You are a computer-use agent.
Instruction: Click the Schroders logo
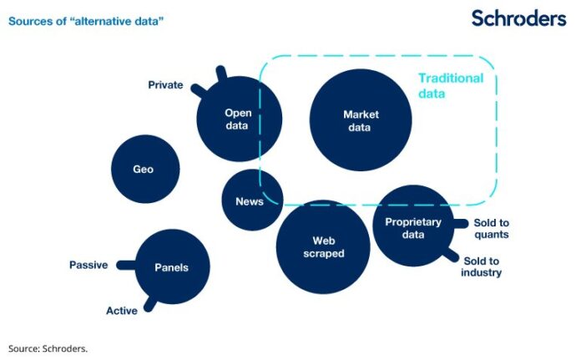(518, 18)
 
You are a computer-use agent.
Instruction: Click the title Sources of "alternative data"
(86, 18)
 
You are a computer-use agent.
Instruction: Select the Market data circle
(361, 120)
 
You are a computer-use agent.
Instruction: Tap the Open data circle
(238, 119)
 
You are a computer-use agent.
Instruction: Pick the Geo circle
(143, 169)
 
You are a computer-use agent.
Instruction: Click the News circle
(250, 201)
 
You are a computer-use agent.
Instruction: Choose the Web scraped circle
(322, 246)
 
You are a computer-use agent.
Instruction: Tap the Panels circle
(171, 267)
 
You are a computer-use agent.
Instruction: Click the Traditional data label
(450, 86)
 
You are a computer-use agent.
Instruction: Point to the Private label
(165, 84)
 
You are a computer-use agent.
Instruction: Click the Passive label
(88, 265)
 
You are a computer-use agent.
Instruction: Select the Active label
(122, 311)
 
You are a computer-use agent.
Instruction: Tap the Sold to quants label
(491, 228)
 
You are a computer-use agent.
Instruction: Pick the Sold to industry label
(482, 266)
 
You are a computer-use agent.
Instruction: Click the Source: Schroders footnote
(48, 348)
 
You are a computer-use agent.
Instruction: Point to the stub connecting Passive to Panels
(125, 265)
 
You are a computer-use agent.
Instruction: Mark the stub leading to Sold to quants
(459, 223)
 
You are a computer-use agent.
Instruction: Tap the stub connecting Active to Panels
(149, 302)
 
